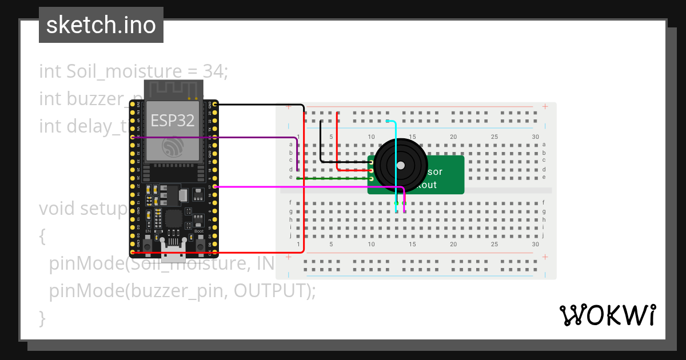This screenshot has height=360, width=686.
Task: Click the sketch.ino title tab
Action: point(101,25)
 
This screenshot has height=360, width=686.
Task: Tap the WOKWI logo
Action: point(607,315)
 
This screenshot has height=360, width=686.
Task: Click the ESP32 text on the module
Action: point(172,120)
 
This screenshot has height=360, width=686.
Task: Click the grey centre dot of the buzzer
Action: point(400,166)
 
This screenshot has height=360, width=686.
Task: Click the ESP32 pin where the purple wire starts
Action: point(133,137)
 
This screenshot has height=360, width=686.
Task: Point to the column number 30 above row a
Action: point(535,137)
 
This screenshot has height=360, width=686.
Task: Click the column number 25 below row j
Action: point(494,244)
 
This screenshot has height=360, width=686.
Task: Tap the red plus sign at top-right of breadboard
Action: point(545,106)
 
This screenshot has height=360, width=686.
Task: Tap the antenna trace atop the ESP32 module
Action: point(174,89)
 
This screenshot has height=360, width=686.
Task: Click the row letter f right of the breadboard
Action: point(543,202)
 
